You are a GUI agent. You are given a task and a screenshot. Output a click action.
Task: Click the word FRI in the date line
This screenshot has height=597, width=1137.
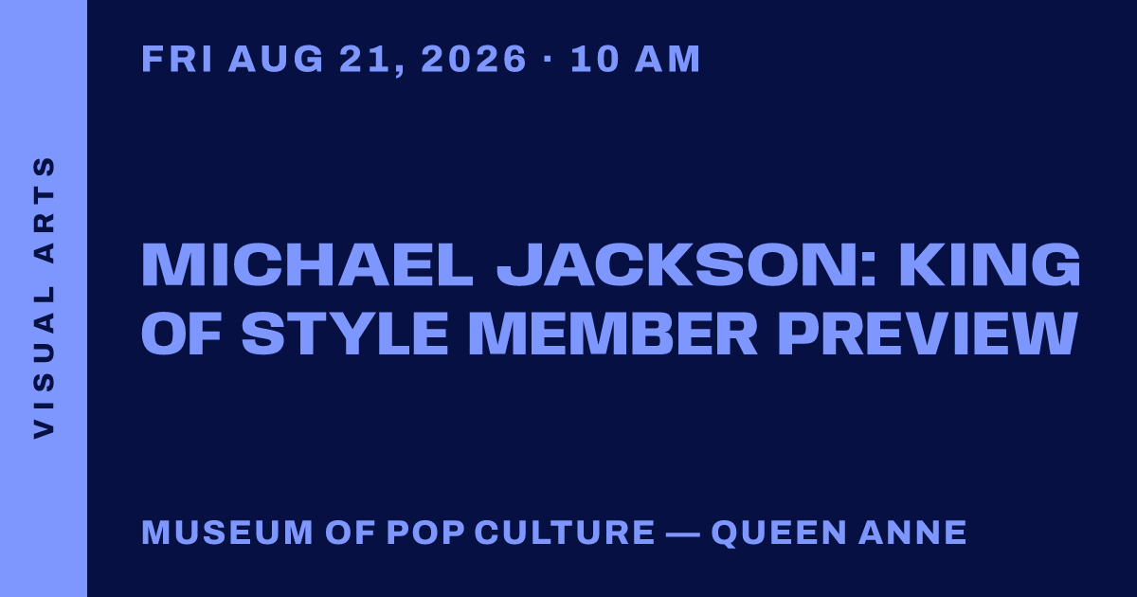pyautogui.click(x=176, y=59)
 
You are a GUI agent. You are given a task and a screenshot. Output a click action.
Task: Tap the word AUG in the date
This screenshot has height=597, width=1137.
pyautogui.click(x=276, y=59)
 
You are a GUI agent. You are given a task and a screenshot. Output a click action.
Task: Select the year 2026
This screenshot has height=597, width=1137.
pyautogui.click(x=474, y=59)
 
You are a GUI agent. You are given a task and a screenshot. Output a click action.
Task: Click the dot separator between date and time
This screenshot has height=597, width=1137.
pyautogui.click(x=548, y=59)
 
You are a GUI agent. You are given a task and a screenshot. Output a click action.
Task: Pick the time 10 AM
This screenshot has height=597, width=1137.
pyautogui.click(x=635, y=59)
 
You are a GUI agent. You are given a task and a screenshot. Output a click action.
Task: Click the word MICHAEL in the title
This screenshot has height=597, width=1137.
pyautogui.click(x=307, y=265)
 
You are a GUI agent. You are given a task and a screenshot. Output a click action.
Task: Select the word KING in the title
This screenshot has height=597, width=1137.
pyautogui.click(x=990, y=265)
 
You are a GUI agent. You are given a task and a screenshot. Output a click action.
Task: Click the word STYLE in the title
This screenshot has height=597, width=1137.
pyautogui.click(x=345, y=333)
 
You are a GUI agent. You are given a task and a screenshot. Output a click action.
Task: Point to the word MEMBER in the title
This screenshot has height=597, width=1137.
pyautogui.click(x=613, y=333)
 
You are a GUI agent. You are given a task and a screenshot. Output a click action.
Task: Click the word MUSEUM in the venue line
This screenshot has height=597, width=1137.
pyautogui.click(x=227, y=532)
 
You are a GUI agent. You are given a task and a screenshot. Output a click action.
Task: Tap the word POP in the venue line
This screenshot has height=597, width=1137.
pyautogui.click(x=425, y=532)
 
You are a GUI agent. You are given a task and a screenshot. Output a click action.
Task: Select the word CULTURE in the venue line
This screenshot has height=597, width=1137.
pyautogui.click(x=565, y=532)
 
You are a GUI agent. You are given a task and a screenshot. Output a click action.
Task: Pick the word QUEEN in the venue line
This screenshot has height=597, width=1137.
pyautogui.click(x=779, y=533)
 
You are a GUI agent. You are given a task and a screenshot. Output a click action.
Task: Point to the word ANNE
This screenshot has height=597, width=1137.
pyautogui.click(x=912, y=532)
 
